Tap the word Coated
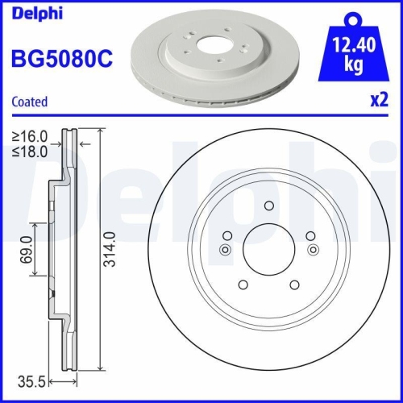point(29,102)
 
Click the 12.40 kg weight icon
point(351,48)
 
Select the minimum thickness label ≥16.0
point(29,135)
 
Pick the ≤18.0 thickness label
point(29,149)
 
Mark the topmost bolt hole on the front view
point(268,205)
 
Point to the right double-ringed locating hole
point(310,250)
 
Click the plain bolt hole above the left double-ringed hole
point(228,236)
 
